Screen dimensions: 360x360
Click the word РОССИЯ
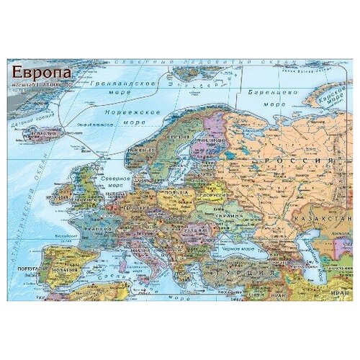click(297, 160)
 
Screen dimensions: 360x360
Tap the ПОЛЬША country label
click(176, 194)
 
